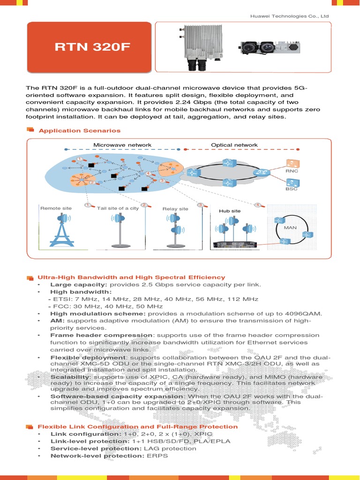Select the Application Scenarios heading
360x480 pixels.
[80, 131]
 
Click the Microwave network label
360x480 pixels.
[122, 145]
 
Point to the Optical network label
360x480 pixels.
[234, 145]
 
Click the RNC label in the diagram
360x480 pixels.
[292, 172]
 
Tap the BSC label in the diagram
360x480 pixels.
[292, 190]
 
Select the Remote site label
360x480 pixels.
[56, 208]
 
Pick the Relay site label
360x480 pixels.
[175, 209]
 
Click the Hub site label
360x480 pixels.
[230, 211]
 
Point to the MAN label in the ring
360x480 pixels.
[291, 228]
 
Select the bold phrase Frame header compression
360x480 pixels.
[102, 335]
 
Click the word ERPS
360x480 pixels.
[157, 456]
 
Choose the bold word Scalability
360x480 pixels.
[70, 377]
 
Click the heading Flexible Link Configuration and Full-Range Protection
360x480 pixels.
[138, 427]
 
